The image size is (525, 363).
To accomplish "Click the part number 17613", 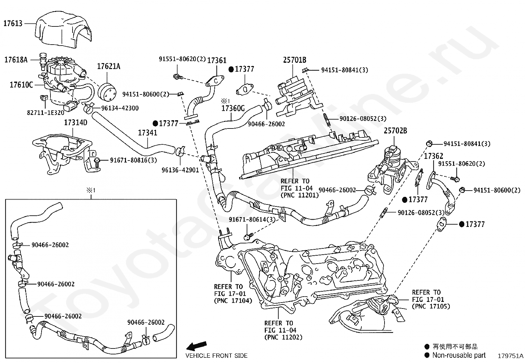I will pyautogui.click(x=13, y=23).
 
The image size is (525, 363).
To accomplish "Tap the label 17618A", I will pyautogui.click(x=15, y=60).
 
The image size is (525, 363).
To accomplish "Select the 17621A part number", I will pyautogui.click(x=108, y=66).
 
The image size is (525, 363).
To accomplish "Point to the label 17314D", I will pyautogui.click(x=76, y=123).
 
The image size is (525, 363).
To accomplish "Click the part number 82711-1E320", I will pyautogui.click(x=46, y=112).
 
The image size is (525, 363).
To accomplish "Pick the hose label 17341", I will pyautogui.click(x=147, y=133).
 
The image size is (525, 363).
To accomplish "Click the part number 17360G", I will pyautogui.click(x=233, y=108).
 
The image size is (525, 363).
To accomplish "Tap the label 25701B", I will pyautogui.click(x=294, y=60).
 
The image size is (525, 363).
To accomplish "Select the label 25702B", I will pyautogui.click(x=395, y=131).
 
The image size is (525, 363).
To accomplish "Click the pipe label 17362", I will pyautogui.click(x=433, y=156).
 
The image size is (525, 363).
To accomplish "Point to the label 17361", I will pyautogui.click(x=217, y=60).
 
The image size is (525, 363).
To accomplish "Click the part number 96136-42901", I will pyautogui.click(x=180, y=170).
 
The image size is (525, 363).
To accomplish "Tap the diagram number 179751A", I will pyautogui.click(x=510, y=356).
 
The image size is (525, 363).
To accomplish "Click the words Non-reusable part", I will pyautogui.click(x=459, y=355).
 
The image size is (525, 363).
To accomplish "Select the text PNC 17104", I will pyautogui.click(x=233, y=301).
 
